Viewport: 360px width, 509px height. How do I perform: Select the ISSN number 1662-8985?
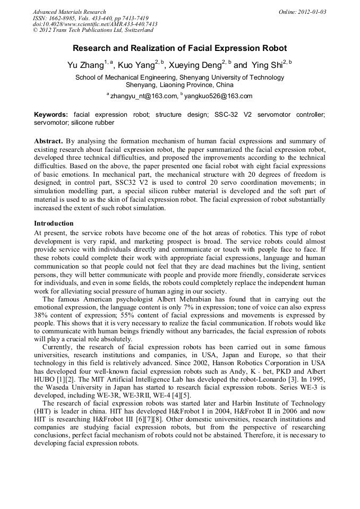click(x=62, y=18)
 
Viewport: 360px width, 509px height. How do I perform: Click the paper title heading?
click(x=179, y=48)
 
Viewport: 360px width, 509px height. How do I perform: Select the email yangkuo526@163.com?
click(x=211, y=96)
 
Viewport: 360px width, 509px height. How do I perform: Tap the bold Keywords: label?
click(x=51, y=115)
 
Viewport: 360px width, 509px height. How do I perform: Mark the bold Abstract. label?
click(x=49, y=141)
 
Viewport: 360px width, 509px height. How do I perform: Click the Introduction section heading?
click(x=54, y=223)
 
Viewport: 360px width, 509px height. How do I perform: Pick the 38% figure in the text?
click(x=42, y=315)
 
